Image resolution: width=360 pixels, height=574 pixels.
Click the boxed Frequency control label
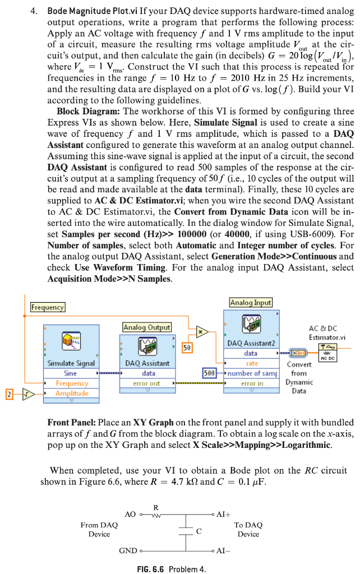click(48, 307)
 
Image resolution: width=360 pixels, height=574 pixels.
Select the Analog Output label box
click(147, 327)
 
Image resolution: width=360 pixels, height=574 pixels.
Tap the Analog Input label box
click(251, 303)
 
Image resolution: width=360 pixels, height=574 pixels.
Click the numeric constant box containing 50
click(187, 348)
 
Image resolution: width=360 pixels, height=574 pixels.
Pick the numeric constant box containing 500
click(209, 373)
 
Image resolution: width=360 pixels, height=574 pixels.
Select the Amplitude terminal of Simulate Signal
click(72, 393)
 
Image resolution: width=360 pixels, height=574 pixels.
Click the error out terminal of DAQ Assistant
click(147, 383)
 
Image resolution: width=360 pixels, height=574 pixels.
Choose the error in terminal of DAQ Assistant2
click(252, 383)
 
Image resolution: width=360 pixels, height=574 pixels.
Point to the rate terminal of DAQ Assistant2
click(252, 363)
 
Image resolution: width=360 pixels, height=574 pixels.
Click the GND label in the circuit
click(128, 550)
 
